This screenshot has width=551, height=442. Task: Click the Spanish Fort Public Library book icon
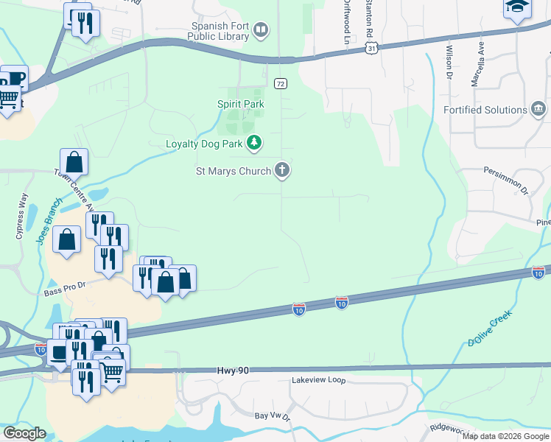tap(259, 30)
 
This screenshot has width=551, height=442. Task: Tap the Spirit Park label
tap(240, 105)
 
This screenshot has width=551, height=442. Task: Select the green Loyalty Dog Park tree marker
tap(254, 141)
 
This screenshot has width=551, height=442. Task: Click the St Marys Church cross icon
tap(281, 171)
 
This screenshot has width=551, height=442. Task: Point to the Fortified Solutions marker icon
tap(538, 110)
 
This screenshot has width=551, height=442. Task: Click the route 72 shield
tap(280, 84)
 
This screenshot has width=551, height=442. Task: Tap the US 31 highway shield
tap(373, 48)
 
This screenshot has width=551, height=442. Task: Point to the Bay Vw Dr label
tap(273, 416)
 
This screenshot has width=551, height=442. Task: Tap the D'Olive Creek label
tap(489, 329)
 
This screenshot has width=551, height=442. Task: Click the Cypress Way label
tap(21, 216)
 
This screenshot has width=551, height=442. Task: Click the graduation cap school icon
tap(517, 7)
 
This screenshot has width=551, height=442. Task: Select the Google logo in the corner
tap(24, 433)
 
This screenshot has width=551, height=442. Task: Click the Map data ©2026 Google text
tap(506, 436)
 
